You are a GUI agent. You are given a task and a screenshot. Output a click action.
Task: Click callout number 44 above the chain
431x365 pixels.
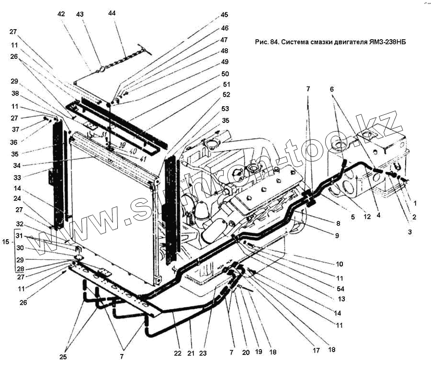click(x=112, y=14)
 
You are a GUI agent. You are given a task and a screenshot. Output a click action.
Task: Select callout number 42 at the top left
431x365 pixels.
click(x=61, y=14)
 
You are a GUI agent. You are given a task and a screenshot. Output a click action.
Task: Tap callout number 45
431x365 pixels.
click(x=225, y=15)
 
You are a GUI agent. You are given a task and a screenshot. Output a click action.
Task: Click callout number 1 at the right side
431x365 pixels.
click(x=415, y=203)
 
